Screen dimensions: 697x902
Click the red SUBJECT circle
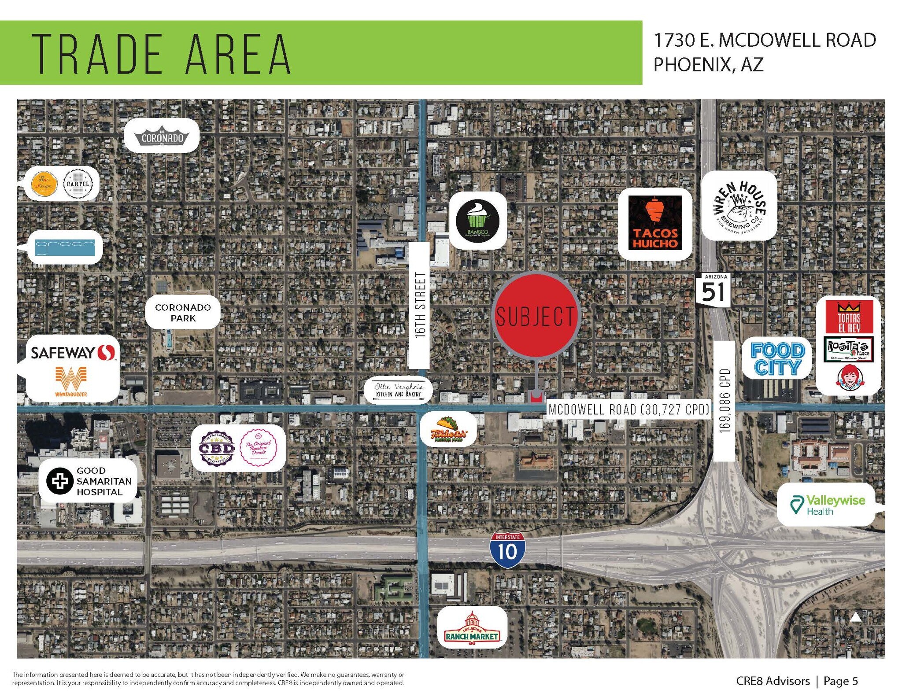click(535, 315)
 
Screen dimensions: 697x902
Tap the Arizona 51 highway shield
click(713, 290)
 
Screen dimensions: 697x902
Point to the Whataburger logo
click(71, 381)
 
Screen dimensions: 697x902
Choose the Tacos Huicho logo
click(655, 223)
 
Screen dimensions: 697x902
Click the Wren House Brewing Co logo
click(739, 206)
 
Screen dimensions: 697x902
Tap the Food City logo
click(777, 358)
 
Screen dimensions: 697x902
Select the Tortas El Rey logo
click(848, 317)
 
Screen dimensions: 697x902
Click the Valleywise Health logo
click(827, 505)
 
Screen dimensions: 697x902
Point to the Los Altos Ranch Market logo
click(472, 627)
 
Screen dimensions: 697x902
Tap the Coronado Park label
click(183, 313)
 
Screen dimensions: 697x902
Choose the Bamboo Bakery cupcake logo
click(477, 220)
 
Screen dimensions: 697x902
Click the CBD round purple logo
click(217, 448)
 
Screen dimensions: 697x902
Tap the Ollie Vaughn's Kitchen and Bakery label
click(398, 390)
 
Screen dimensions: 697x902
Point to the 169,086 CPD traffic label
click(724, 401)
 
